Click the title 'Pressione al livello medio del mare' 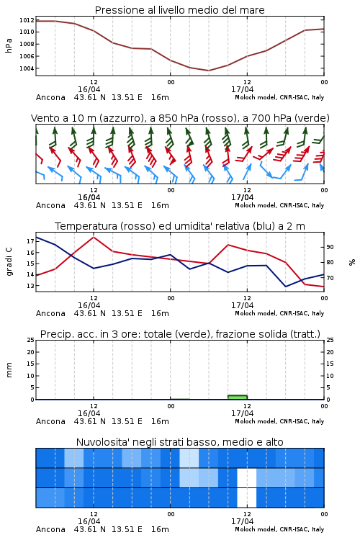click(179, 10)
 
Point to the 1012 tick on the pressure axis click(27, 20)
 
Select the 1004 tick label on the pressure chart click(27, 68)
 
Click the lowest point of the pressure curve click(208, 71)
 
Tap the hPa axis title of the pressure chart click(9, 46)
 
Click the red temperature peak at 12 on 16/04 click(94, 237)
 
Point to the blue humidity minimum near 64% click(285, 287)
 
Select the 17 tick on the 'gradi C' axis click(30, 241)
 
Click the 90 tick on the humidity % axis click(330, 247)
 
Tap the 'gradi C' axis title click(9, 262)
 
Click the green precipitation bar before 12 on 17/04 click(238, 397)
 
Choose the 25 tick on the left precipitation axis click(30, 340)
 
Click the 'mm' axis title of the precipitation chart click(9, 370)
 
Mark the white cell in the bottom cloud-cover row click(247, 498)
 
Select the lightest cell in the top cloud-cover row click(189, 458)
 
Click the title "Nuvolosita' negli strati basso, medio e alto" click(179, 442)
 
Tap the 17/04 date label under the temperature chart click(242, 305)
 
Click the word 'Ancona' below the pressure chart click(50, 97)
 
